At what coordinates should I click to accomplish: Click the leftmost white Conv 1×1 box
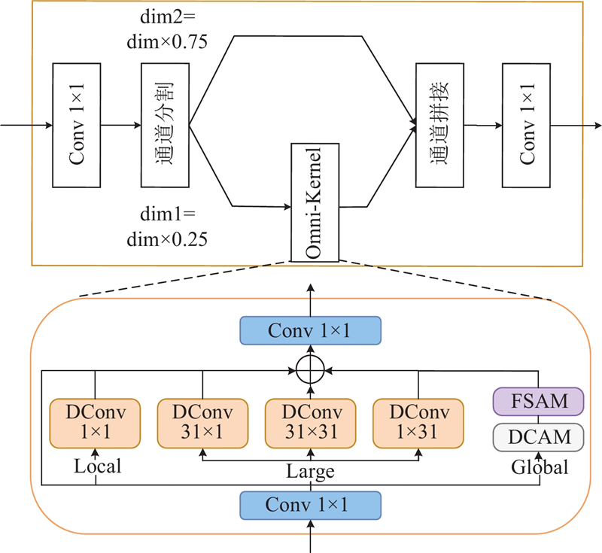77,125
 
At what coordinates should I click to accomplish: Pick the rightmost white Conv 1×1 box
526,125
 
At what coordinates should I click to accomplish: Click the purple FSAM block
538,401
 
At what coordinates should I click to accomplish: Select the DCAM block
538,436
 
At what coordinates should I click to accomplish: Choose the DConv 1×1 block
95,422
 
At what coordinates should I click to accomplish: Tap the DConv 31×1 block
202,422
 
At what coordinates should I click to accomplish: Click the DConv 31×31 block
311,422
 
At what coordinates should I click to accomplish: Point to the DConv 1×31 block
418,422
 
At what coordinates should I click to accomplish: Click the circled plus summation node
311,370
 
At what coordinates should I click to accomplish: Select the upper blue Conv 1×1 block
311,330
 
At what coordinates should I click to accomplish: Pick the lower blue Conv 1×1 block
311,505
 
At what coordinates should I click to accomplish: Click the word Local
98,467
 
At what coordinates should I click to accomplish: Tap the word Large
310,472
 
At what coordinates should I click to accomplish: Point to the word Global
540,467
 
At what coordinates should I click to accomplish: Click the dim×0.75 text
167,43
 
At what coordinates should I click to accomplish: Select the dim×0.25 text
167,239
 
